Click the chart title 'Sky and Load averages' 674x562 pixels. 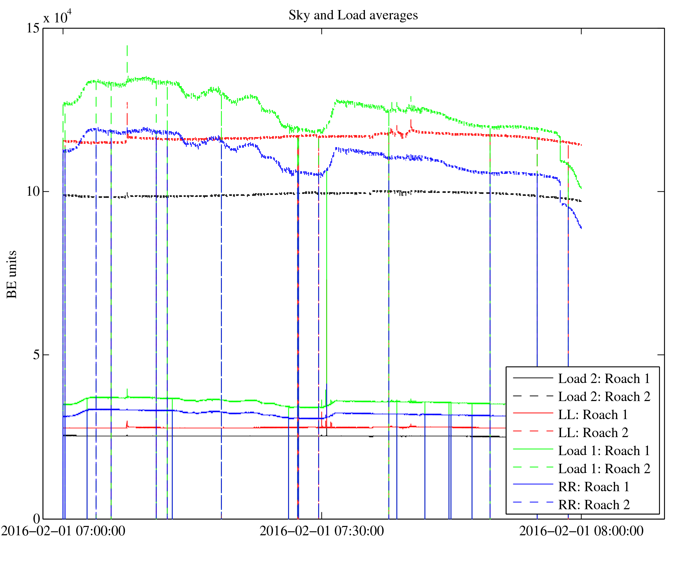pos(353,15)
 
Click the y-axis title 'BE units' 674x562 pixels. pos(12,274)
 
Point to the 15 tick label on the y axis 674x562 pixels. pos(33,28)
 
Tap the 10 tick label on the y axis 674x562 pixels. pos(33,191)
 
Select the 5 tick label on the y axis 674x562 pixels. pos(36,355)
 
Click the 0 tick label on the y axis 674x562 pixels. pos(36,519)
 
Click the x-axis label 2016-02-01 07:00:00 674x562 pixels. pos(63,531)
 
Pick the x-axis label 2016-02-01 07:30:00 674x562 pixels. pos(321,531)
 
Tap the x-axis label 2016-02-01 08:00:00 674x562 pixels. pos(581,531)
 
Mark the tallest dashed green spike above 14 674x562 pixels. pos(127,47)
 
